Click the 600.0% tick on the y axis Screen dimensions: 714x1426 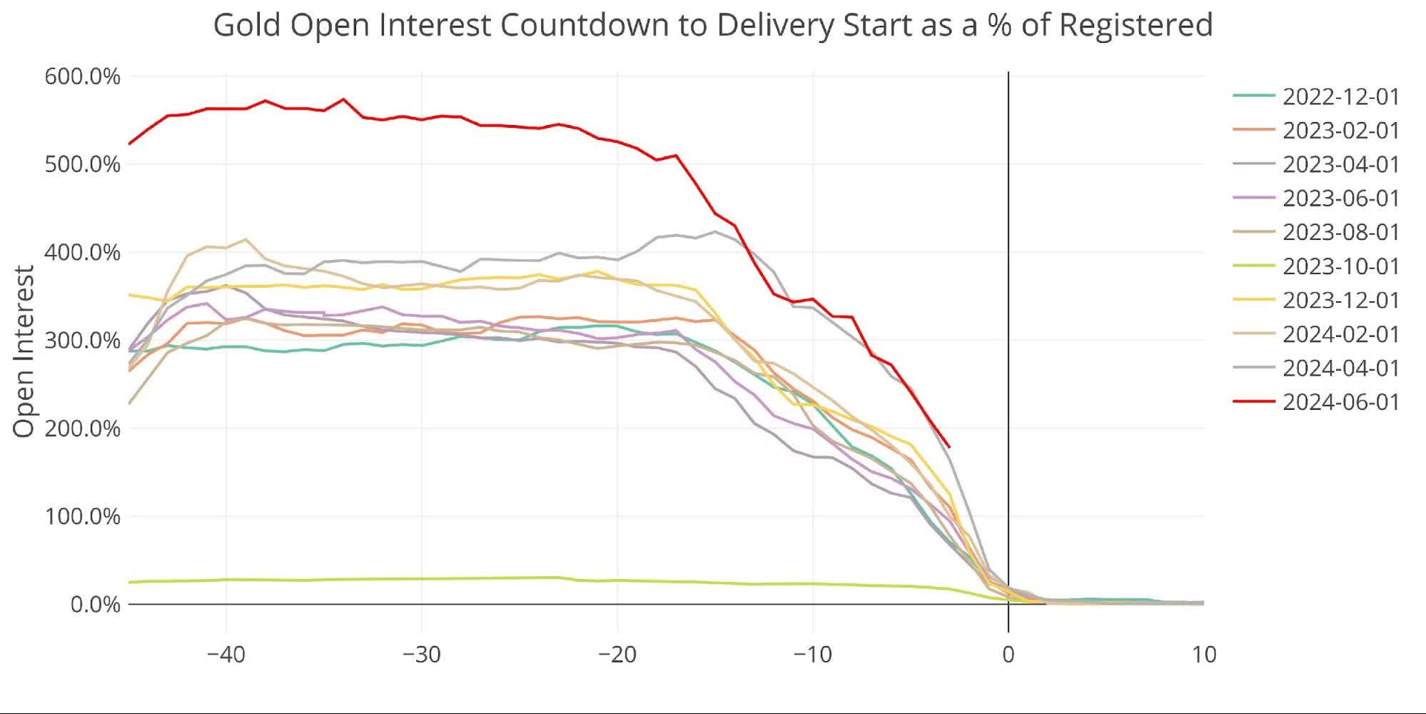click(x=82, y=76)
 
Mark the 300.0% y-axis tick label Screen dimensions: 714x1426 click(x=82, y=341)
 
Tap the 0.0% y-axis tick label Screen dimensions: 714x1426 click(x=95, y=605)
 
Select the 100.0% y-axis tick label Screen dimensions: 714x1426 click(x=82, y=516)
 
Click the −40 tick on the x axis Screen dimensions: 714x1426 click(x=226, y=654)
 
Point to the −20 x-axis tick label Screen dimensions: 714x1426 click(x=617, y=654)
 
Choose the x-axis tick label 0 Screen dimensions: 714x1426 click(x=1008, y=654)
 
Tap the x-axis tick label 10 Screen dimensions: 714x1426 click(x=1203, y=654)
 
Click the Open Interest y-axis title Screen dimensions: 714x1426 click(x=24, y=351)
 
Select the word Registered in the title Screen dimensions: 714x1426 click(x=1136, y=25)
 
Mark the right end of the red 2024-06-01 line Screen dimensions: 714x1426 click(x=949, y=447)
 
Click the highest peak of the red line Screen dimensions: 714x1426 click(x=343, y=99)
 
